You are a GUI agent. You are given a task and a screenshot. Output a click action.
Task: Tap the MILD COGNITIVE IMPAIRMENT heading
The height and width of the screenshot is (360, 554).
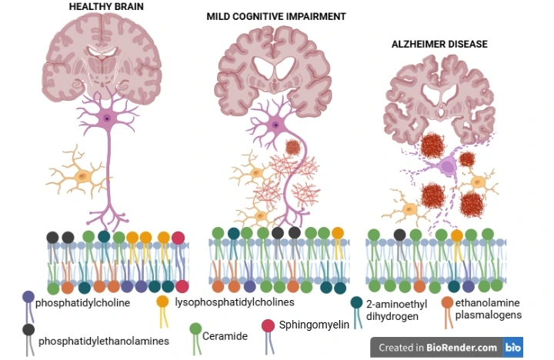click(x=276, y=16)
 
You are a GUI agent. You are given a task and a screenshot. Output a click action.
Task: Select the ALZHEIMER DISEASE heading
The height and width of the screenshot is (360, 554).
click(x=439, y=45)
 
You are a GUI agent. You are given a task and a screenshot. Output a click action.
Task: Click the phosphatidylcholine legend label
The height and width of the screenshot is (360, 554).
click(x=82, y=302)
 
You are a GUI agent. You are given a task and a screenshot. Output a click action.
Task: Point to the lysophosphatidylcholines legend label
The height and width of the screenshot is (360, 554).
click(x=235, y=302)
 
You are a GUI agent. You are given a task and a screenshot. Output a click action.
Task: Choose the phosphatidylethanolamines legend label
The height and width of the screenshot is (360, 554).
click(x=104, y=340)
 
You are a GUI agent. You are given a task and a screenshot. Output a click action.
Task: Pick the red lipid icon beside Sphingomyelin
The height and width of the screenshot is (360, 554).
click(x=269, y=326)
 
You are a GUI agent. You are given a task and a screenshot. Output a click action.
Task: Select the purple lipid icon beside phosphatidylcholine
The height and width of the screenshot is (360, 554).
click(x=28, y=297)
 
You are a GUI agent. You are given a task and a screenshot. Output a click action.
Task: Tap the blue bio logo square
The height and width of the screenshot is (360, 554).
click(x=513, y=348)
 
